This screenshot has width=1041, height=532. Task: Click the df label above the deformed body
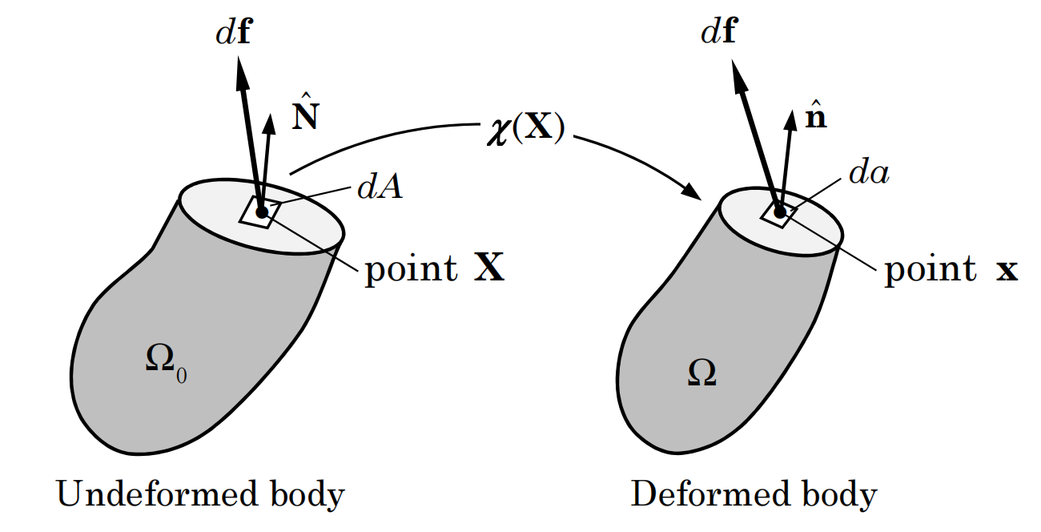[x=718, y=34]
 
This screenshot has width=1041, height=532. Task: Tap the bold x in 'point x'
[x=1006, y=271]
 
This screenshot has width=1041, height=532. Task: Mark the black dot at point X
[x=261, y=212]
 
